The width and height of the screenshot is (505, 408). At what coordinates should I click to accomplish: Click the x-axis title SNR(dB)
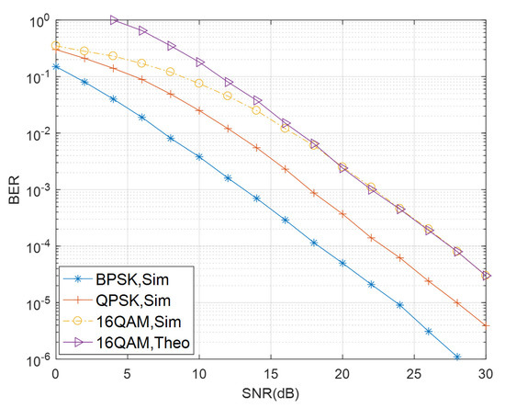click(271, 395)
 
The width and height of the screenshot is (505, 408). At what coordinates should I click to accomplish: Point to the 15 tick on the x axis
click(271, 375)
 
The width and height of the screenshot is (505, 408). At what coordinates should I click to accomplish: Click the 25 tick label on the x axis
click(414, 375)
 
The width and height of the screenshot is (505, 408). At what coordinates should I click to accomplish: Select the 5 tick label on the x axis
click(128, 375)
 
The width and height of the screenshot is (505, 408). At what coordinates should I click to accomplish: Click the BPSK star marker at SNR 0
click(56, 66)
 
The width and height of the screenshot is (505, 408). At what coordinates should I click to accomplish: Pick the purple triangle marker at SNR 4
click(114, 19)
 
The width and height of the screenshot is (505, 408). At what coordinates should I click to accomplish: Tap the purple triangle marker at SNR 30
click(486, 276)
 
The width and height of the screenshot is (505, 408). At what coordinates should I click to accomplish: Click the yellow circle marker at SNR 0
click(56, 46)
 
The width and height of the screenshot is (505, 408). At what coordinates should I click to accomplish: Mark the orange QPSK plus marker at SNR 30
click(486, 325)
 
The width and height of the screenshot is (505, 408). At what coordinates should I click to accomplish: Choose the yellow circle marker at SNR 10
click(199, 84)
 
